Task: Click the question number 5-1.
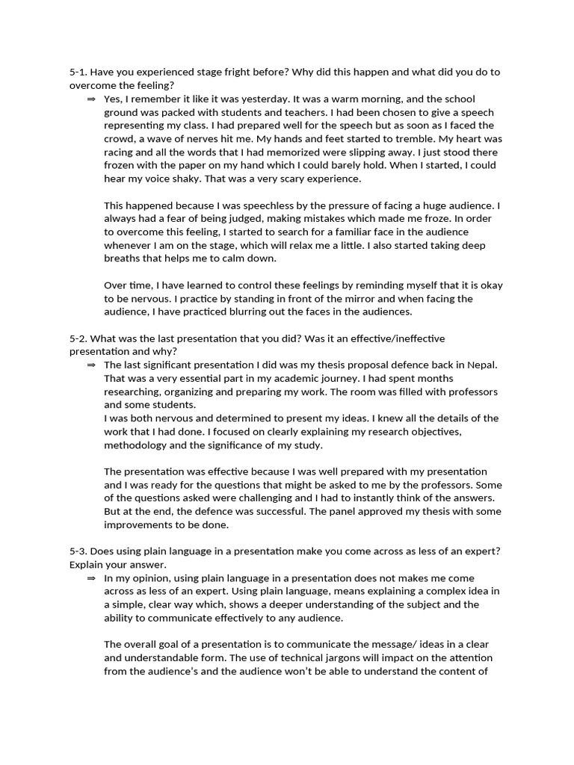point(78,72)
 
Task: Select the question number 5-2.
point(78,338)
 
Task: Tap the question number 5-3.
point(78,551)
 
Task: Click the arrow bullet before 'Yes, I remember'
point(91,99)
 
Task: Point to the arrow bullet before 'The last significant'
point(91,365)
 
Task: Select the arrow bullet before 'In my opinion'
point(91,578)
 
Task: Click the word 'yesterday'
point(262,99)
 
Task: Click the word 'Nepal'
point(481,365)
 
